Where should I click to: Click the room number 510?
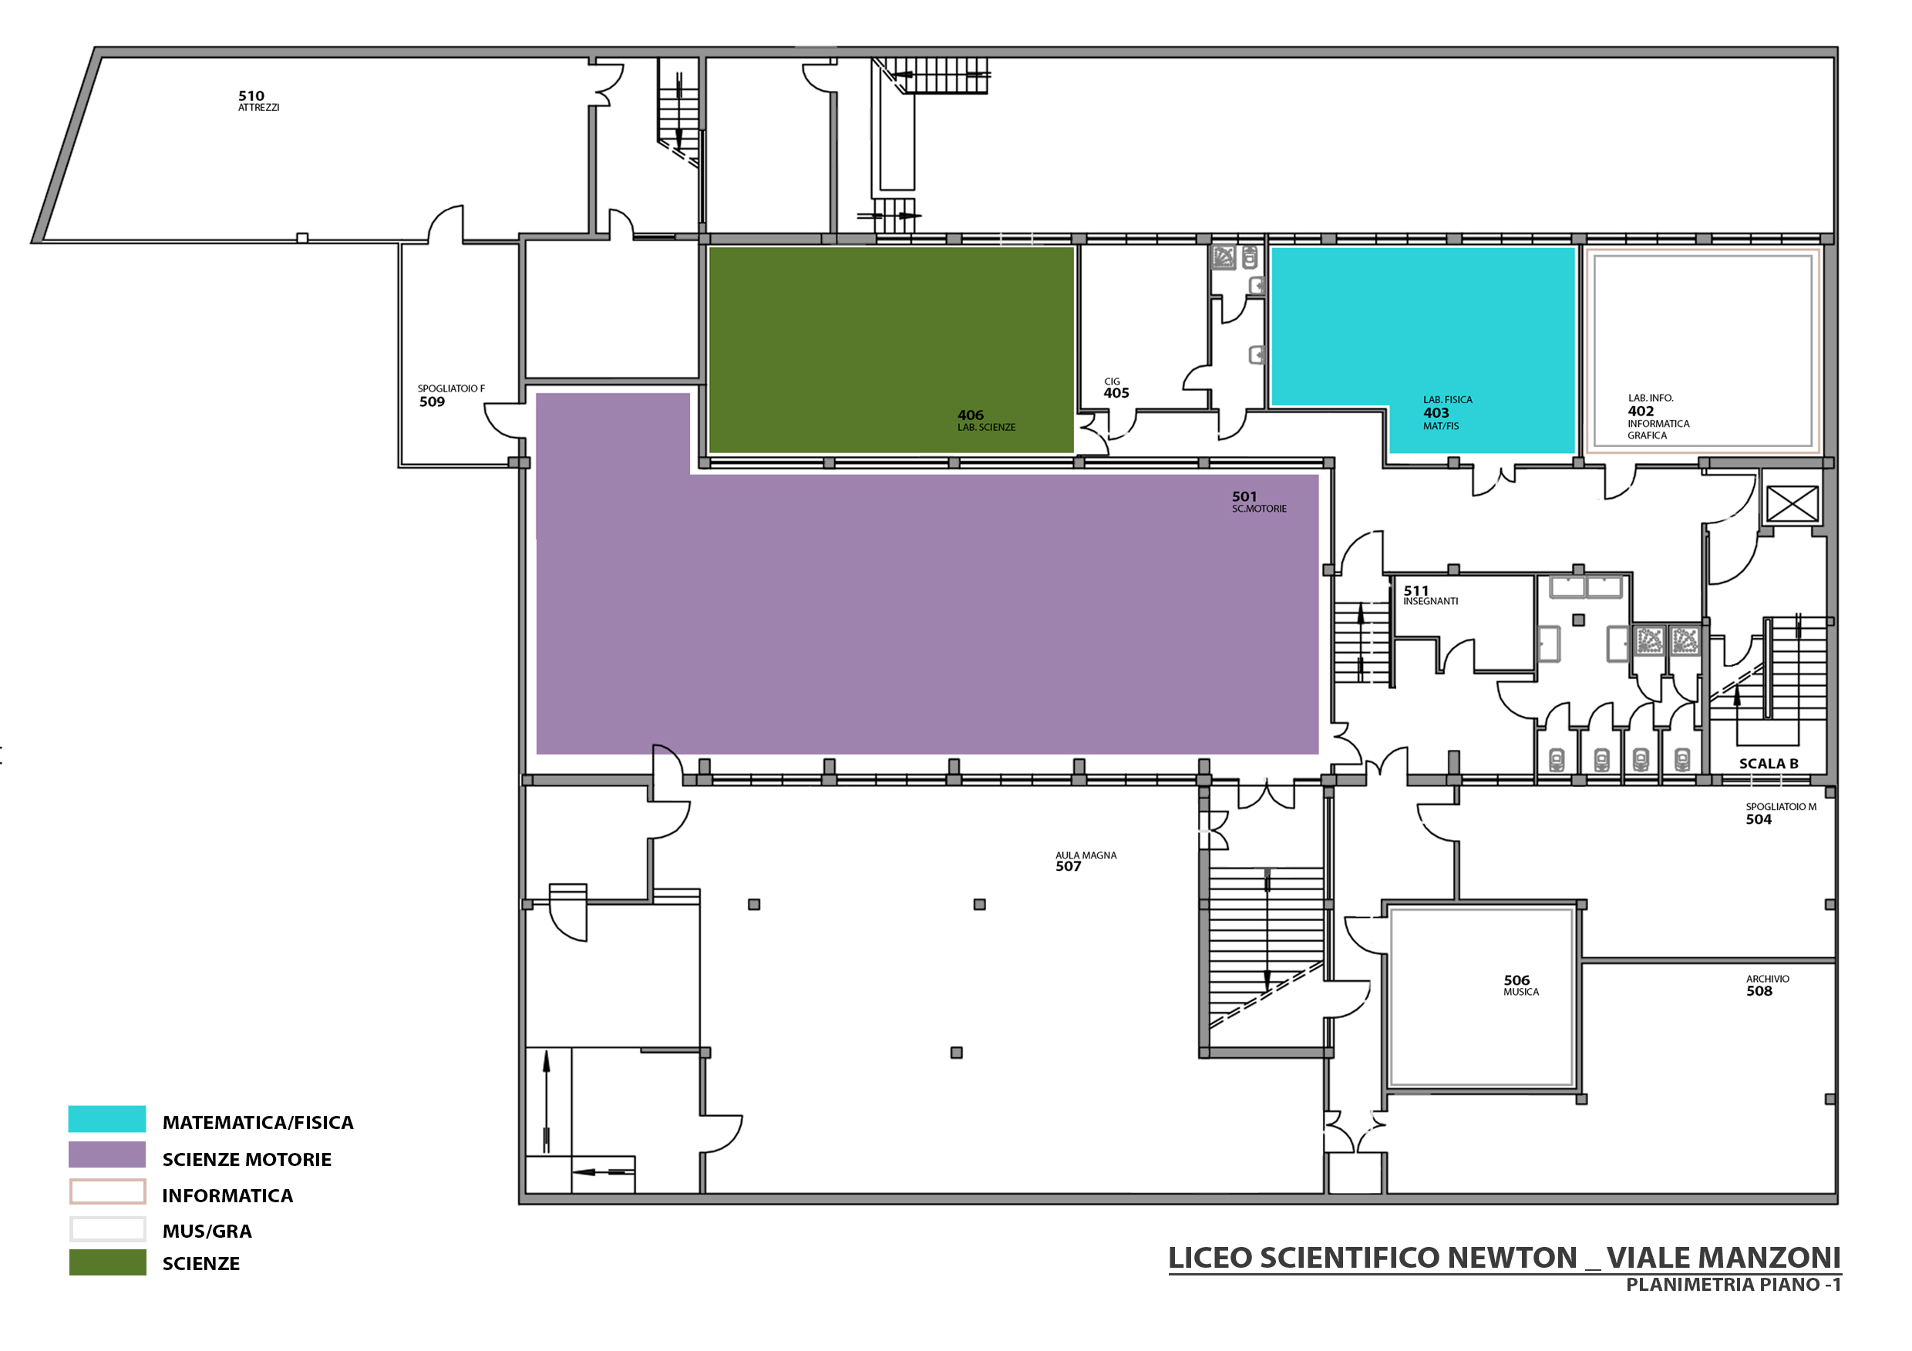[x=251, y=96]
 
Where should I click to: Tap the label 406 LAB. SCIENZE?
[x=986, y=420]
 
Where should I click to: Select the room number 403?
[x=1436, y=413]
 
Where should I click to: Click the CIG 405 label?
[x=1116, y=388]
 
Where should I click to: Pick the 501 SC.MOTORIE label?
[x=1259, y=502]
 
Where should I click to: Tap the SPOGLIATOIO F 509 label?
[x=450, y=395]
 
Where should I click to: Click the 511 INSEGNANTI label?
[x=1430, y=595]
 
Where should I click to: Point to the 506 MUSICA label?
[x=1520, y=986]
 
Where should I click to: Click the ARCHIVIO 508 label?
[x=1767, y=986]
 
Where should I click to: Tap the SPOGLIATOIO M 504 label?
[x=1780, y=813]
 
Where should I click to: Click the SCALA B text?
[x=1768, y=763]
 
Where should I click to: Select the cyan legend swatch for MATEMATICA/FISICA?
[x=107, y=1119]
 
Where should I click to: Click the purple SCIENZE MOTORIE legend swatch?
[x=107, y=1154]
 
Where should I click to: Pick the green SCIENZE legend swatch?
[x=107, y=1262]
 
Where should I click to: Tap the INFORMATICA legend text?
[x=227, y=1196]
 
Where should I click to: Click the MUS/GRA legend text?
[x=207, y=1231]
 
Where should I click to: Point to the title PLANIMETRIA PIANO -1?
[x=1733, y=1285]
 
